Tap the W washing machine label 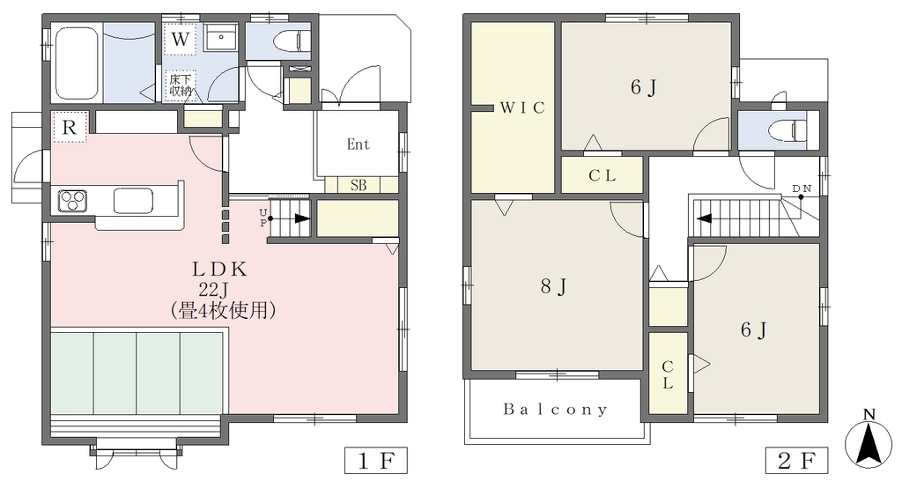tap(180, 40)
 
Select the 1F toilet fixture tap(292, 41)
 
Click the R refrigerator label tap(69, 127)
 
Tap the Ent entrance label tap(358, 144)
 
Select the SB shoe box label tap(359, 185)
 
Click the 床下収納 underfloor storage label tap(180, 85)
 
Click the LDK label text tap(219, 269)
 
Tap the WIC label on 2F tap(521, 107)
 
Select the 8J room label tap(555, 286)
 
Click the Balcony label tap(555, 409)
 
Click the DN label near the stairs tap(802, 189)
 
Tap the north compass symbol tap(869, 439)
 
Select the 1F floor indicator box tap(375, 460)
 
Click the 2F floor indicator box tap(796, 460)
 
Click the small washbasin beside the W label tap(220, 40)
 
